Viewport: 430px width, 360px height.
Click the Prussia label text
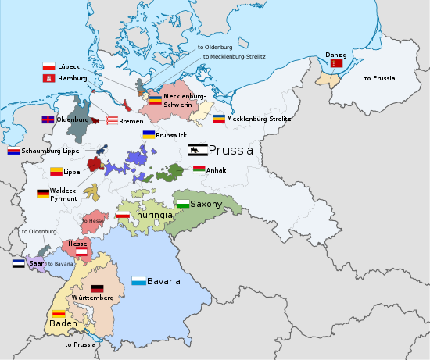[x=231, y=150]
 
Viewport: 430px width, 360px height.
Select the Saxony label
[x=206, y=204]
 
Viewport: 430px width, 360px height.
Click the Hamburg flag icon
[x=48, y=79]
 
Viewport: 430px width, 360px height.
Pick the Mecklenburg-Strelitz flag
[x=220, y=119]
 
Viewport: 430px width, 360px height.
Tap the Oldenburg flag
[x=48, y=120]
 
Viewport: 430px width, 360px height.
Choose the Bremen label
[x=131, y=121]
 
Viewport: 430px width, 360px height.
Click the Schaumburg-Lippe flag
[x=13, y=151]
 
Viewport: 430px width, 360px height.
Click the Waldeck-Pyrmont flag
[x=42, y=193]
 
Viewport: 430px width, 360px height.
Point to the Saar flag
[x=18, y=264]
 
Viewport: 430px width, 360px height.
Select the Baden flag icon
[x=58, y=313]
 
